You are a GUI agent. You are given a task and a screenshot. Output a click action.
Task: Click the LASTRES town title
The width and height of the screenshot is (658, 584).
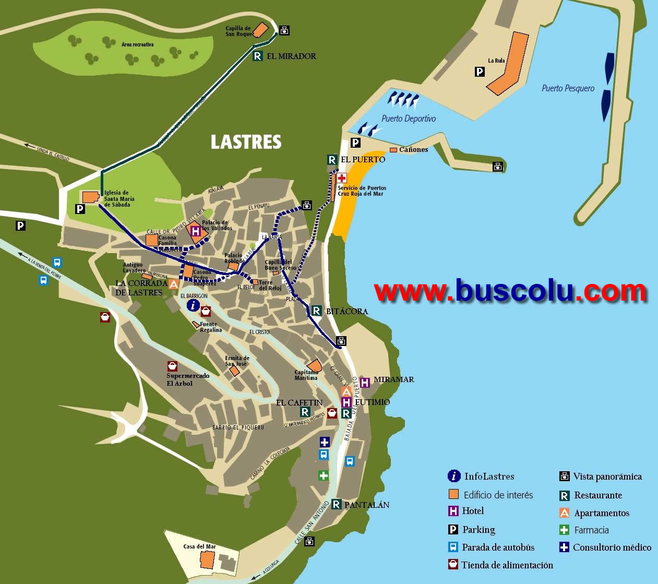point(246,142)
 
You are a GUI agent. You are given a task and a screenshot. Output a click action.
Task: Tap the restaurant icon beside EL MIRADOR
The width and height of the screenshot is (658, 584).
point(257,56)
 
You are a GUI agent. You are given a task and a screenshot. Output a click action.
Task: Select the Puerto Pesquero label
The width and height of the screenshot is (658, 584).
point(568,88)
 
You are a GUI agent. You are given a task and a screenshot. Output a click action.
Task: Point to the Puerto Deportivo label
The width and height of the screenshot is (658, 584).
point(408,118)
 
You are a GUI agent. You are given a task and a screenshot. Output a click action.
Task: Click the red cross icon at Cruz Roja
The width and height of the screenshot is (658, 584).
point(342,178)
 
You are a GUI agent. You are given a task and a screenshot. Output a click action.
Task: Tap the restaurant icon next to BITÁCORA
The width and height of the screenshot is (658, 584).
point(316,311)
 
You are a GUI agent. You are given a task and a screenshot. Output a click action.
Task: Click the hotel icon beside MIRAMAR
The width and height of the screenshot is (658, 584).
point(365,383)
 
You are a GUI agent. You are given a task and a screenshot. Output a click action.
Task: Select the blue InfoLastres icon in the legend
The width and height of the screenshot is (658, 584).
point(454,476)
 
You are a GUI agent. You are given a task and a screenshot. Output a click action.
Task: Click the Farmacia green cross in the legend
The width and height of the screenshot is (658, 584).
point(564,530)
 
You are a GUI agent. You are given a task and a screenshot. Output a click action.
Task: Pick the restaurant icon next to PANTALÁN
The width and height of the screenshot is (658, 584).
point(336,504)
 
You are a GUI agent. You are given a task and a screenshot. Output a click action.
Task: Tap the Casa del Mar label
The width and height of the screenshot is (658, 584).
point(199,546)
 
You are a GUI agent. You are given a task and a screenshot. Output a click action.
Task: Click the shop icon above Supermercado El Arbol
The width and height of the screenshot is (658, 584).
point(172,366)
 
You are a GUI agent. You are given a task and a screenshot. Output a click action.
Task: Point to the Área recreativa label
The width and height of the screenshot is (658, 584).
point(137,45)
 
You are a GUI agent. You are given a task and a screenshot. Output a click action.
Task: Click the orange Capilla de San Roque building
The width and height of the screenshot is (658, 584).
point(260,30)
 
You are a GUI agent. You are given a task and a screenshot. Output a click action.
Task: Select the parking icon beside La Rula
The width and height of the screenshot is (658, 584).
point(480,72)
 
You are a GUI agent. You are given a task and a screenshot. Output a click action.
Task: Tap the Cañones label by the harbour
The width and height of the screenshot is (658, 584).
point(413,150)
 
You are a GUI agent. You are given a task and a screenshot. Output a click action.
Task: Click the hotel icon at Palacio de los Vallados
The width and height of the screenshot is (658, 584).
point(196,231)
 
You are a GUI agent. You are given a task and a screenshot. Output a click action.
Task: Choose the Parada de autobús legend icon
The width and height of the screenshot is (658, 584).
point(453,547)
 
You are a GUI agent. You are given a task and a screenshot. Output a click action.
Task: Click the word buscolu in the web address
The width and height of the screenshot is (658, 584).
point(516,291)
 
